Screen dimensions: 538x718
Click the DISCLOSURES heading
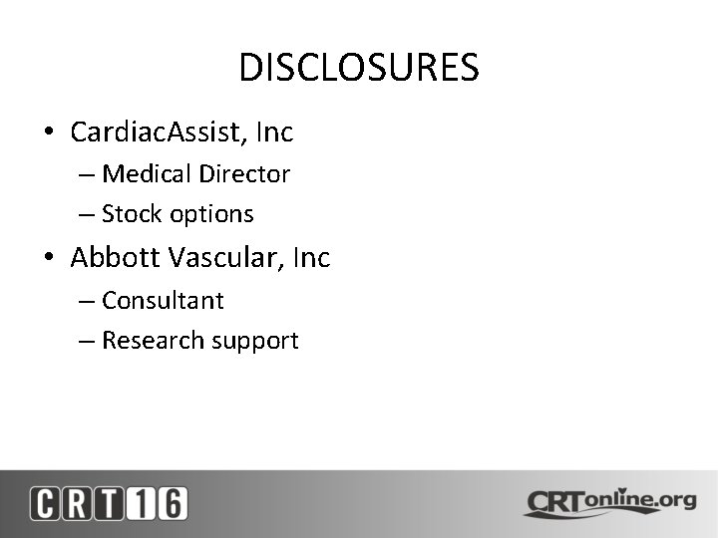359,68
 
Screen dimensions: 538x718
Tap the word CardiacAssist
162,132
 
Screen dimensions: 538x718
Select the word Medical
146,174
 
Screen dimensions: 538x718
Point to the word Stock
132,214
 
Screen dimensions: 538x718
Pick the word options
211,214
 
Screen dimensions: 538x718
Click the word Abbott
115,258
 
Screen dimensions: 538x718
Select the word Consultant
163,301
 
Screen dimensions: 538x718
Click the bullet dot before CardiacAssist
48,133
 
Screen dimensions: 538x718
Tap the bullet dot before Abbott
48,259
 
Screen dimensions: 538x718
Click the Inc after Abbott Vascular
312,258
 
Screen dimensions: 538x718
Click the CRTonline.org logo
609,502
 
